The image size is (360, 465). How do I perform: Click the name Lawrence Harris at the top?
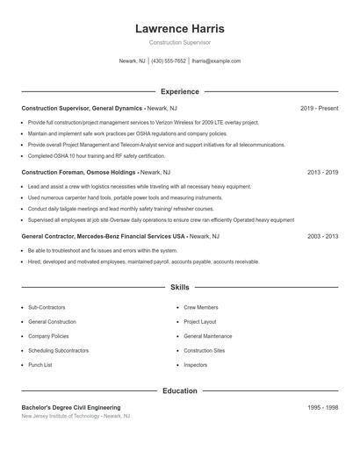(x=179, y=28)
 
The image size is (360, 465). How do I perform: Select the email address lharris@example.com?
(x=215, y=61)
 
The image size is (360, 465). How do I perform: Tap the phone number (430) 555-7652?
(x=169, y=61)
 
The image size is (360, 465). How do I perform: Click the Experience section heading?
(x=179, y=91)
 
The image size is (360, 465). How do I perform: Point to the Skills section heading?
(x=179, y=287)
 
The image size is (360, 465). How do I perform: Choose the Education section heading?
(x=179, y=390)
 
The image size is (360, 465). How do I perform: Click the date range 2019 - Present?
(x=319, y=108)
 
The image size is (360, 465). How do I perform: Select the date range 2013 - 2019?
(x=322, y=173)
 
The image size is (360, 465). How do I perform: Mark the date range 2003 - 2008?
(x=322, y=237)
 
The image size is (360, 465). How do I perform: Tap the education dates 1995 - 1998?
(x=322, y=408)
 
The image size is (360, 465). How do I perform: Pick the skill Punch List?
(x=40, y=364)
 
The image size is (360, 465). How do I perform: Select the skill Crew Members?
(x=201, y=308)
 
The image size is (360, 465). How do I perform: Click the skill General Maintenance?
(x=207, y=336)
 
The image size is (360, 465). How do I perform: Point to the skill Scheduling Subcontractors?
(x=58, y=350)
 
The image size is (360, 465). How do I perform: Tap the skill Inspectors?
(x=195, y=364)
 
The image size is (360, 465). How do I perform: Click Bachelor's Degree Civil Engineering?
(x=71, y=408)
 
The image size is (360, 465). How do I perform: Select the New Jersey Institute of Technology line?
(x=76, y=417)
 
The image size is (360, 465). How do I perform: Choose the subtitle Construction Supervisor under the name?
(x=179, y=42)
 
